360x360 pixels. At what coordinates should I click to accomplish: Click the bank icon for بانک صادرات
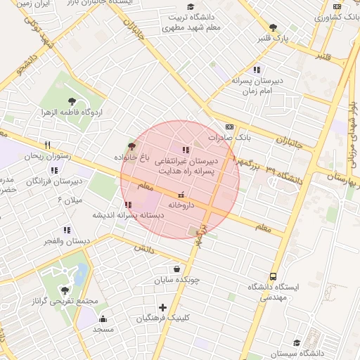(230, 127)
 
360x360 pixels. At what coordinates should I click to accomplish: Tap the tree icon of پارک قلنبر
(274, 27)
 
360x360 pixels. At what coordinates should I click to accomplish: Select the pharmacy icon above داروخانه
(181, 194)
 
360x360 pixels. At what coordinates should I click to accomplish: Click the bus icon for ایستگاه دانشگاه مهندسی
(273, 276)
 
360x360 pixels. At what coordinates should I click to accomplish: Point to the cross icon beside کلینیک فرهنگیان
(163, 307)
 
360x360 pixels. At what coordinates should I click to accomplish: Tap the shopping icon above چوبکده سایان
(176, 268)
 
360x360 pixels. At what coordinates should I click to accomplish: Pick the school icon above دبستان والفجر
(67, 230)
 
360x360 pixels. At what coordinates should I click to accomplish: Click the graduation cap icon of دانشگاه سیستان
(297, 342)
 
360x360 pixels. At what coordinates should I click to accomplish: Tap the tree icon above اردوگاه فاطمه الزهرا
(72, 101)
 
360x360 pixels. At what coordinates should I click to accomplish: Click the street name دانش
(144, 248)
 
